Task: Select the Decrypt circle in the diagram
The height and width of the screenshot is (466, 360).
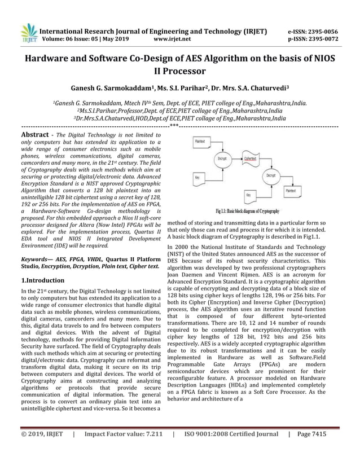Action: click(270, 175)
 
